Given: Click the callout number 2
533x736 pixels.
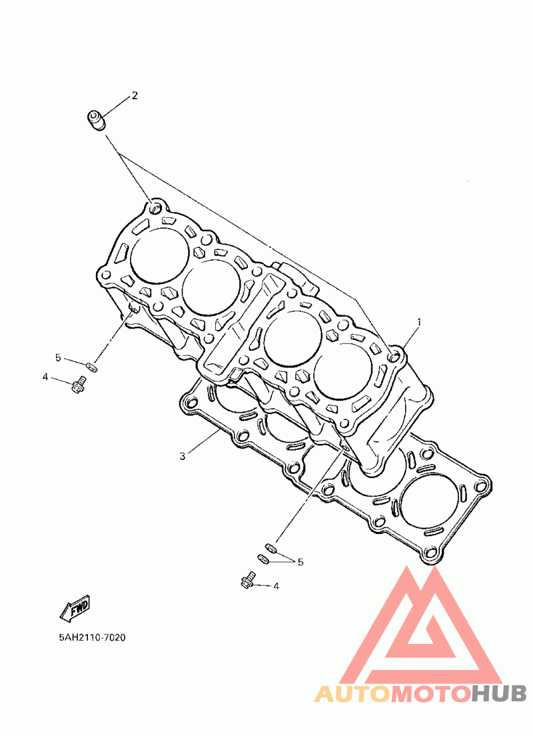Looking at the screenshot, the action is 135,96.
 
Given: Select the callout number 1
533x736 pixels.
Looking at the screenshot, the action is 419,322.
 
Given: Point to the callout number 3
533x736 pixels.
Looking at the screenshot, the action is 183,456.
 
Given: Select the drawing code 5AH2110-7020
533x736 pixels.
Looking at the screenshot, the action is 92,637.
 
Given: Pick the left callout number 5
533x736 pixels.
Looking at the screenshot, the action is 58,358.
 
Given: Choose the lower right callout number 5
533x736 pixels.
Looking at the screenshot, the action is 300,562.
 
